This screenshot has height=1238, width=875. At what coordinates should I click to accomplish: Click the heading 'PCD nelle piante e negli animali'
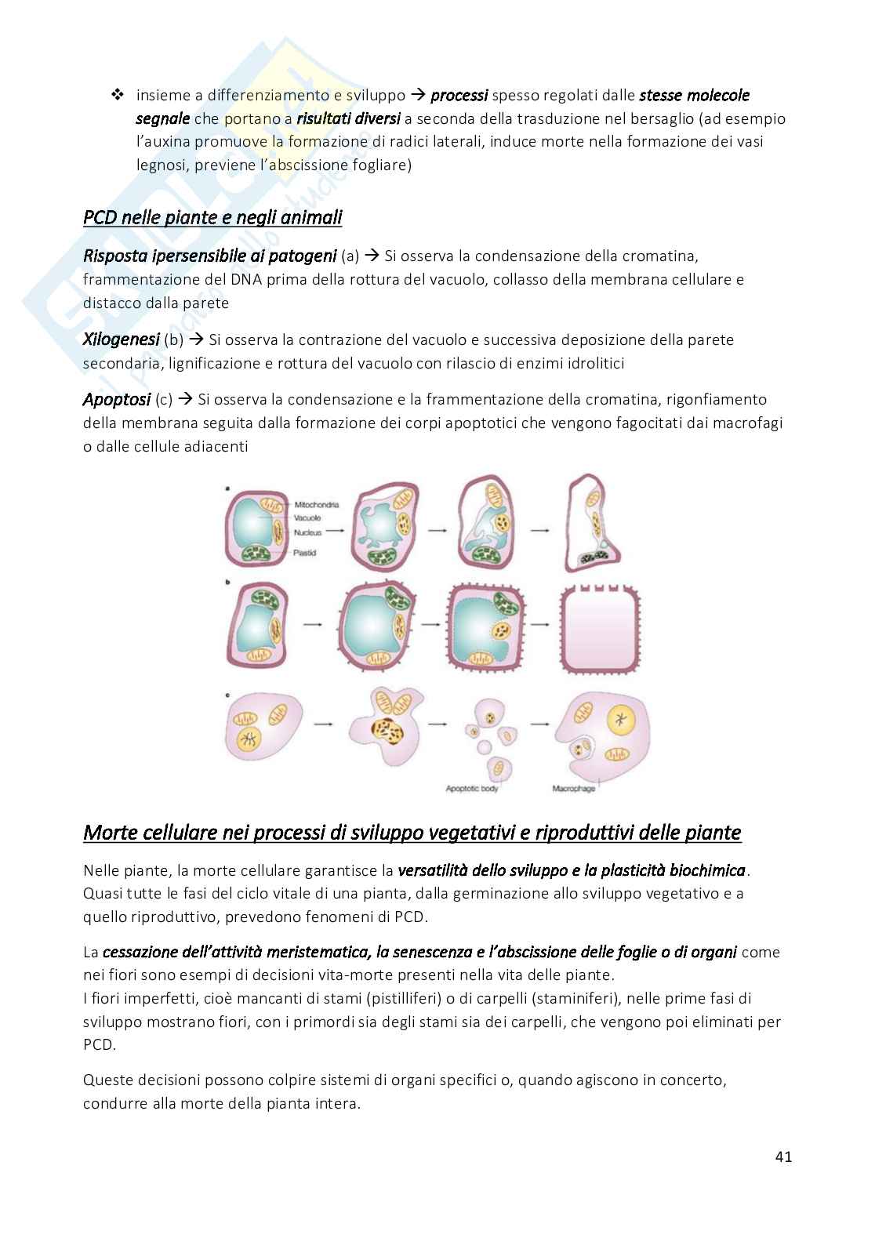tap(212, 217)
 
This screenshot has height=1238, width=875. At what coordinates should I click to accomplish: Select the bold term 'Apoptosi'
tap(116, 399)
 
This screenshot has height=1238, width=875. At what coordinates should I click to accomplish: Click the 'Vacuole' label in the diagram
tap(307, 518)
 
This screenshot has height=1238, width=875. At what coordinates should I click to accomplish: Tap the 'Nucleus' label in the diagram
tap(307, 532)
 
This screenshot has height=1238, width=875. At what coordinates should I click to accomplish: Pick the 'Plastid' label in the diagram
tap(305, 553)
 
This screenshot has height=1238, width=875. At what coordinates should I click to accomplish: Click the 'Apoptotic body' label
tap(471, 788)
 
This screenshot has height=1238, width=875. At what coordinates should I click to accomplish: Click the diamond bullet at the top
tap(118, 95)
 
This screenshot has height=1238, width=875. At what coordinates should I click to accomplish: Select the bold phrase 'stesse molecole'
tap(694, 96)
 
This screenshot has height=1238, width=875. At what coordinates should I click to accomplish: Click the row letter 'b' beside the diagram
tap(227, 583)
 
